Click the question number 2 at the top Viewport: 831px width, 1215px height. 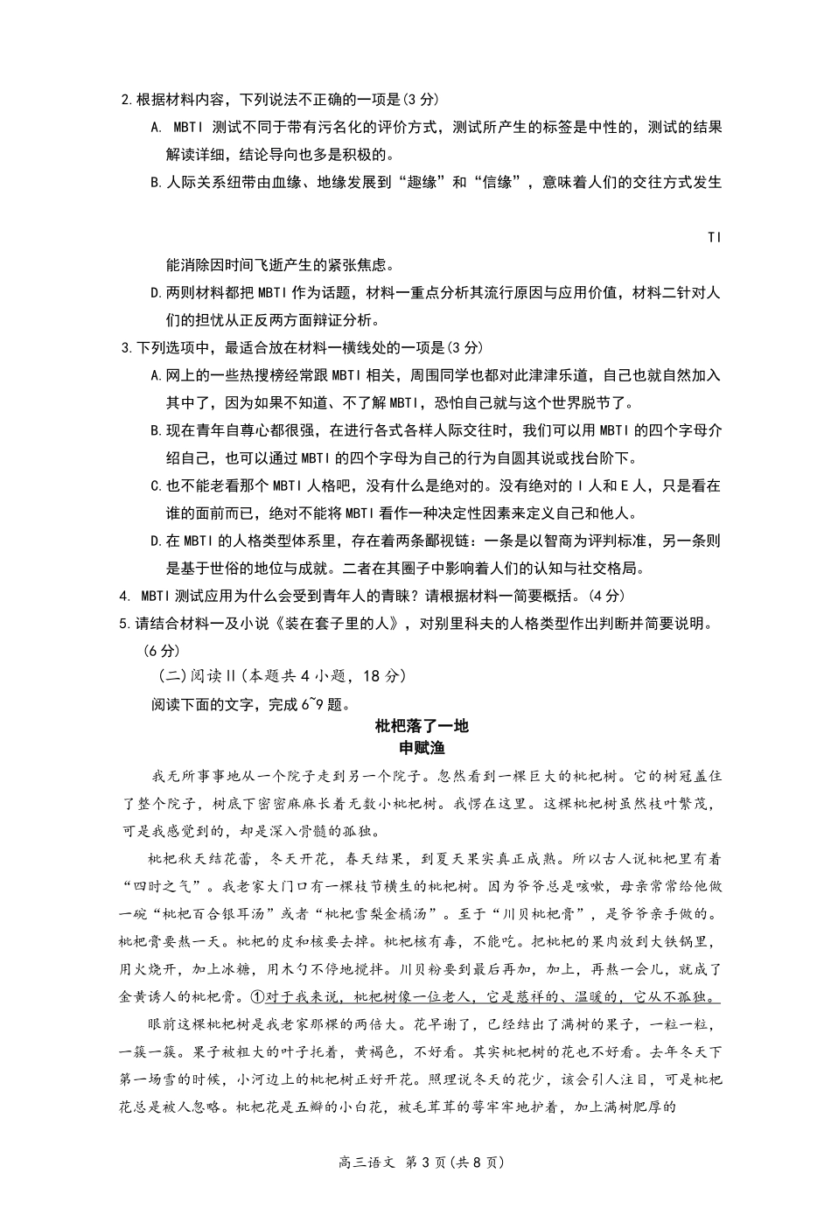[124, 100]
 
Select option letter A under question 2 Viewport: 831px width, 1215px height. [156, 128]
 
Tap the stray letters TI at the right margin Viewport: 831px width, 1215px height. [714, 238]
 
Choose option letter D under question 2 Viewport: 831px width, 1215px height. [156, 293]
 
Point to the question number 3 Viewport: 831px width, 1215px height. [124, 348]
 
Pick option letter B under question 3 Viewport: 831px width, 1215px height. [156, 431]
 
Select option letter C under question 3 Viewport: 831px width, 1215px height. [156, 486]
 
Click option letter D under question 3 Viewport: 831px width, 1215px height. [156, 541]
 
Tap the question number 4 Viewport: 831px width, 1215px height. [123, 597]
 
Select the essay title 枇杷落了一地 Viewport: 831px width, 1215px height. [422, 726]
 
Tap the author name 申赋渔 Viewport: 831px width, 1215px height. [422, 748]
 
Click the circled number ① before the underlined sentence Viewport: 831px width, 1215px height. [257, 997]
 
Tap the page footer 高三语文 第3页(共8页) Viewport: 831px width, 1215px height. [422, 1163]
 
